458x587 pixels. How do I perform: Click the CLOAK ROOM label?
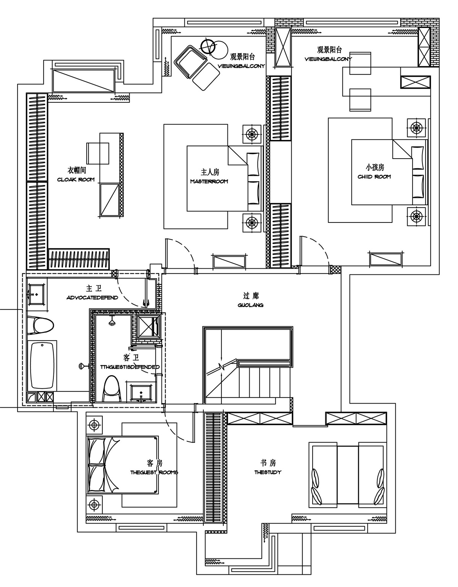pos(76,180)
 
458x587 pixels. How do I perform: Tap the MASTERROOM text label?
pos(209,181)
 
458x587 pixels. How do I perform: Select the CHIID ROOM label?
pos(374,177)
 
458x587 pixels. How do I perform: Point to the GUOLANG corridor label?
pos(251,305)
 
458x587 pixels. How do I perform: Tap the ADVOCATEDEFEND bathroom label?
pos(92,298)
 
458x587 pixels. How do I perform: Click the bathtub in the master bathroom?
pos(42,365)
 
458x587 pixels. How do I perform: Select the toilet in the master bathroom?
pos(40,325)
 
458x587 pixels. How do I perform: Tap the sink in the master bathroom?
pos(37,294)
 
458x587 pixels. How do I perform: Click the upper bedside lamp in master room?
pos(252,134)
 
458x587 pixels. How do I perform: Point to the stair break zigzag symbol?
pos(221,367)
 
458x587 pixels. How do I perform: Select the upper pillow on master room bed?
pos(253,164)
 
